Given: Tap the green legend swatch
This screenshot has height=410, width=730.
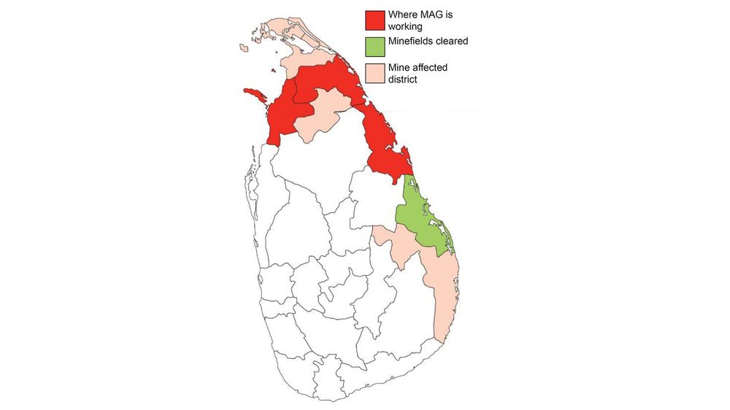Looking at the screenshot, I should click(377, 46).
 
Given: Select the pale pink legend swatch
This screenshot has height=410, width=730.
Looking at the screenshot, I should click(377, 73).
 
